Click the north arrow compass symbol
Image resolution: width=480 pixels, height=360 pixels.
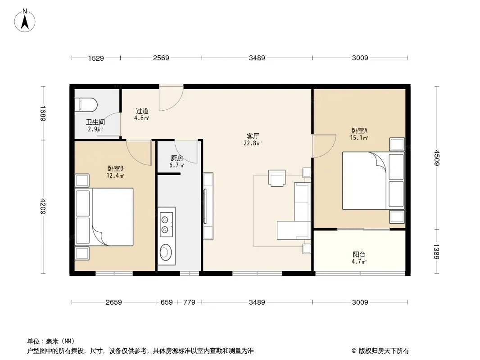coord(25,21)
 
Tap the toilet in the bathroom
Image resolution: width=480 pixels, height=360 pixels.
coord(86,104)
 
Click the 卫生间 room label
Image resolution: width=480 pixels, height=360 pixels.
coord(95,122)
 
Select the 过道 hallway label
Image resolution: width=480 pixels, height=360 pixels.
coord(142,111)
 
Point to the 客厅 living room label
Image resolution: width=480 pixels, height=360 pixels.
coord(253,136)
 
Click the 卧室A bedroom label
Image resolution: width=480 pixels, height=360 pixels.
coord(359,130)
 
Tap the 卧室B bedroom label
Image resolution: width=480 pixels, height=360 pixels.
coord(115,169)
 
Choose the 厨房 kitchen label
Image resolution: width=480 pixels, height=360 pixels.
coord(177,158)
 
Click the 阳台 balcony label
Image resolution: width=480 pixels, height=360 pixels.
coord(359,255)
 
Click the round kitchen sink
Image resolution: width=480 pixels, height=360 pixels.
coord(165,252)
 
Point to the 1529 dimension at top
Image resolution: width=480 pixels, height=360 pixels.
coord(96,58)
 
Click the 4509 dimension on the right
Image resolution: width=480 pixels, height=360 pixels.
coord(436,158)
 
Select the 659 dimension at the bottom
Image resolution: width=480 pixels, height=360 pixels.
coord(167,302)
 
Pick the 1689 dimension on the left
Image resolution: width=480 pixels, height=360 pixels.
coord(43,113)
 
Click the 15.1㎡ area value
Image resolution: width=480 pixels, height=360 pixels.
coord(359,138)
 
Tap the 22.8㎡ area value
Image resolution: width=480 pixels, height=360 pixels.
coord(253,143)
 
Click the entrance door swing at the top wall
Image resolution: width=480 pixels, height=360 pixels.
coord(171,98)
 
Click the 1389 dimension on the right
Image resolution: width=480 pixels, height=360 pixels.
coord(436,252)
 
